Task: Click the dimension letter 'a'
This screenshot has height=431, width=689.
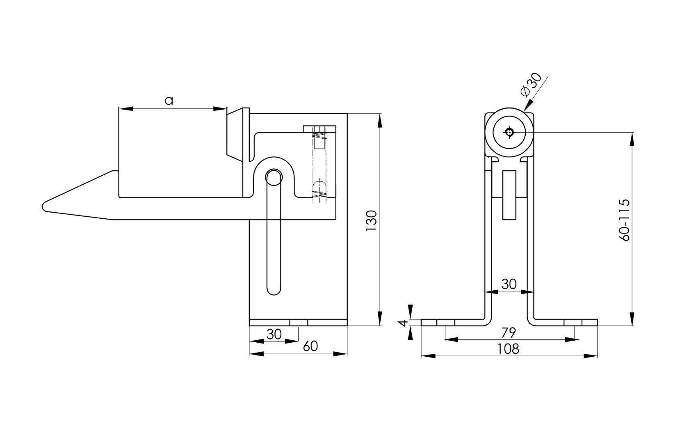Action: point(169,100)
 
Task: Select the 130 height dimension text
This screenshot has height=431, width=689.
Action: point(371,221)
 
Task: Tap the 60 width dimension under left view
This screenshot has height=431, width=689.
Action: point(310,346)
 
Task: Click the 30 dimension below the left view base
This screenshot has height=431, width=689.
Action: point(274,335)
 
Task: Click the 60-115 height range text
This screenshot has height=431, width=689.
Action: point(625,220)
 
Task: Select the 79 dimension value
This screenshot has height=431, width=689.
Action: point(509,332)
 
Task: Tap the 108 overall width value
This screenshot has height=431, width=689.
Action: point(508,349)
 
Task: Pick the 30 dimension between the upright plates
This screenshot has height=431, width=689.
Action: point(509,284)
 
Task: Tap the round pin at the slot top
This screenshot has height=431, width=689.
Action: point(274,177)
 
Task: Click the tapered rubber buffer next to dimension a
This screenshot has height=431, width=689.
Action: point(237,133)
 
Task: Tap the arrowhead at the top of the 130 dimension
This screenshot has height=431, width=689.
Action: point(379,120)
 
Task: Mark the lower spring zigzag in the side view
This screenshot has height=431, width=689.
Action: point(319,196)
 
